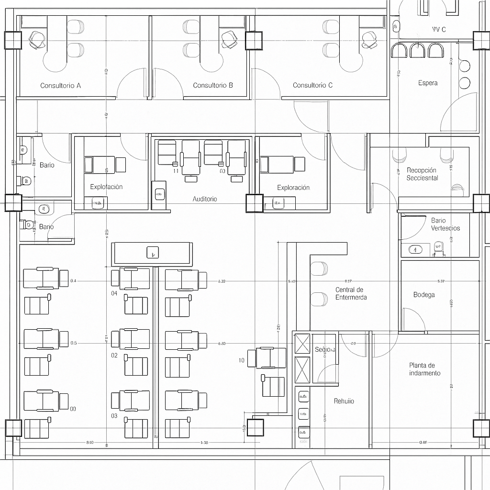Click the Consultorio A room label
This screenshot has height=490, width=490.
click(x=60, y=86)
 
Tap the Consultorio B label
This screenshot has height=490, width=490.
click(x=213, y=85)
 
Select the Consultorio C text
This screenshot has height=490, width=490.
click(x=312, y=85)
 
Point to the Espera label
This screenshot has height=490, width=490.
click(x=427, y=83)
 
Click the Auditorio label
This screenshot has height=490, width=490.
click(x=205, y=199)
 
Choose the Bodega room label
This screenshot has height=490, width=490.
click(x=424, y=295)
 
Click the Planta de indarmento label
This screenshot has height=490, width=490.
click(x=424, y=369)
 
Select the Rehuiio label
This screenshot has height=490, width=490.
click(x=344, y=401)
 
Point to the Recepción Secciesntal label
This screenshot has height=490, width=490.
click(x=422, y=174)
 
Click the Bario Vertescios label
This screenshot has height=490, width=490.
click(x=445, y=224)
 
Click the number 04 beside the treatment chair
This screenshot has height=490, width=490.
click(x=114, y=293)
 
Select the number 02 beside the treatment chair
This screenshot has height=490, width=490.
click(x=114, y=356)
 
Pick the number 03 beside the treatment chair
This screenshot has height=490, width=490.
click(x=114, y=416)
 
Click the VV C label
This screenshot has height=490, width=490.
click(x=439, y=29)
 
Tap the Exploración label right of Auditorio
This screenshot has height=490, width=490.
click(x=293, y=188)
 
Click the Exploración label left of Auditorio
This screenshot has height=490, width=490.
click(x=106, y=187)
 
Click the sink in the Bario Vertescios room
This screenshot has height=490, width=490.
click(x=415, y=249)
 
